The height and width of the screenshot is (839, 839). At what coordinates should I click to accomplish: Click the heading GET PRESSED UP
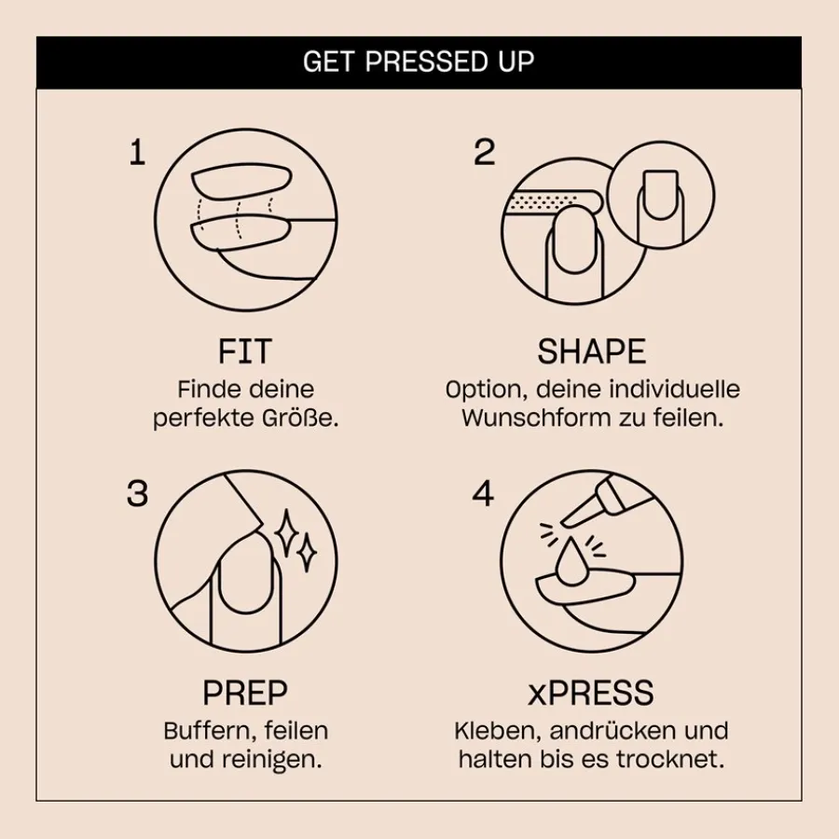[419, 62]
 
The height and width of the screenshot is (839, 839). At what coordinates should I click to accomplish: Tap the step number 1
[137, 152]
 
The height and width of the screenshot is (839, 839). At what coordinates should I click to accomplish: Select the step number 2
[484, 152]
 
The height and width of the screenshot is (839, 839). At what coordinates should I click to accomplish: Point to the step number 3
[137, 493]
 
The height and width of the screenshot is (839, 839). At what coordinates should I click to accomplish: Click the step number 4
[483, 493]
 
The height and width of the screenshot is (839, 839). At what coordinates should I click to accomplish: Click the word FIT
[245, 351]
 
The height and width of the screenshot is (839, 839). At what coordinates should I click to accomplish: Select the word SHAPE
[591, 351]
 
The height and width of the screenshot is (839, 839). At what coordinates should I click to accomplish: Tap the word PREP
[245, 694]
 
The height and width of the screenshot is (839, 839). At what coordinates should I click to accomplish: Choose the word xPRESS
[591, 694]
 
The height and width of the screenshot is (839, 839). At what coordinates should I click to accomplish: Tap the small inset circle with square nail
[660, 199]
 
